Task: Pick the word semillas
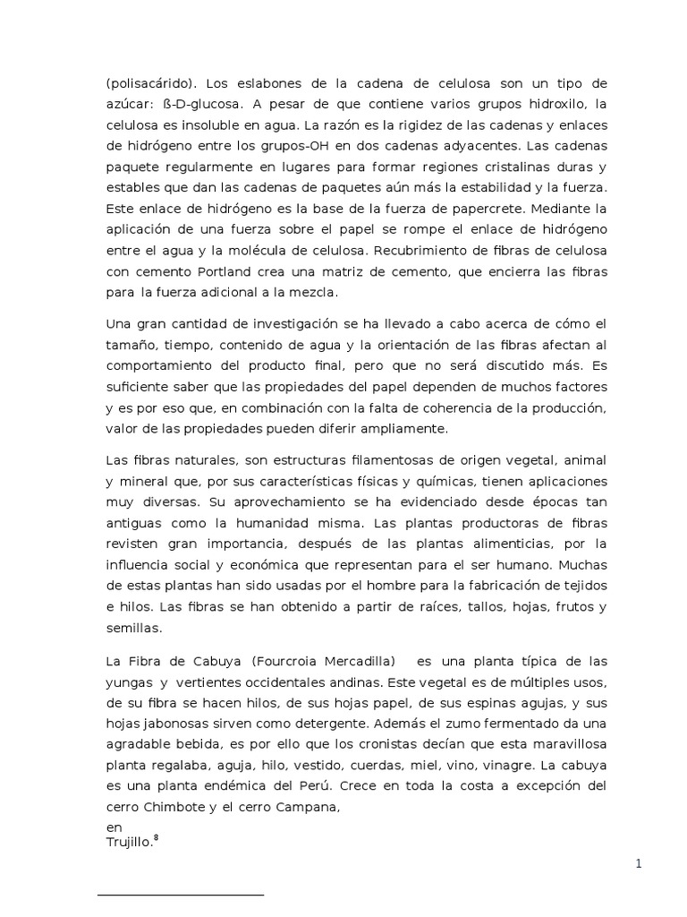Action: (133, 628)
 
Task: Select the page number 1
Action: (639, 863)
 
